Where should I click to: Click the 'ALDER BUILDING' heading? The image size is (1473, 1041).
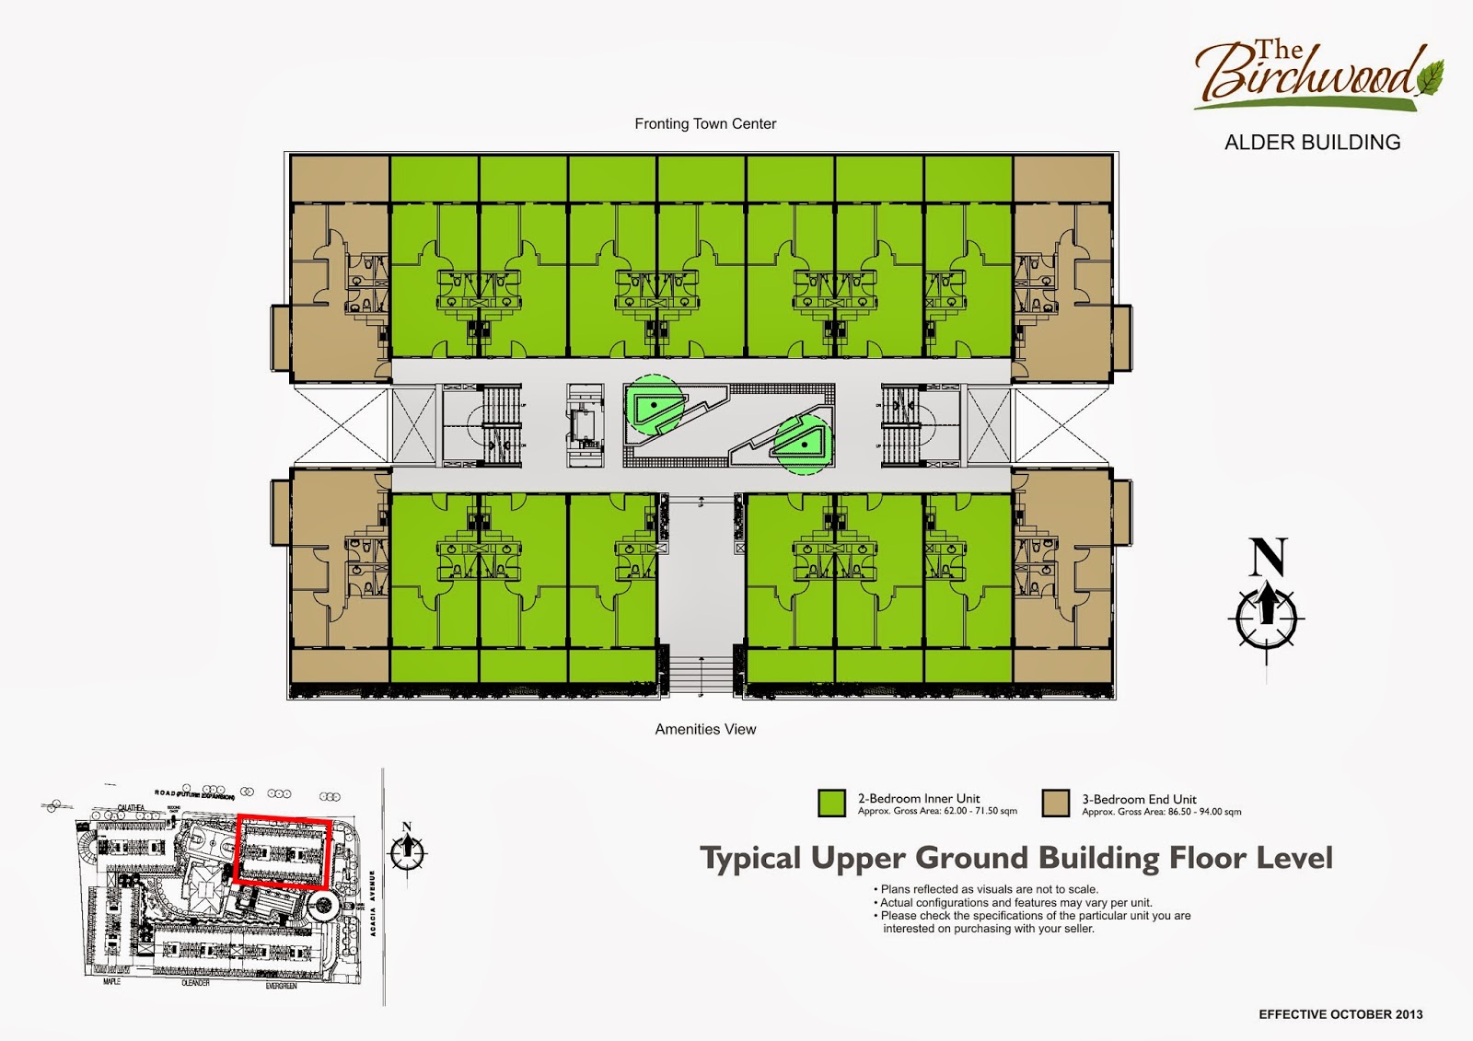[1312, 143]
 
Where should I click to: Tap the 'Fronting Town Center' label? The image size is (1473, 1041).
[705, 123]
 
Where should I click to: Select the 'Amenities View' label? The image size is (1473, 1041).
[705, 729]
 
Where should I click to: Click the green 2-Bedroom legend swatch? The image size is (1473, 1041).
[831, 803]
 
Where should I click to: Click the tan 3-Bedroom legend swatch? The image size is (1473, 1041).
[1056, 803]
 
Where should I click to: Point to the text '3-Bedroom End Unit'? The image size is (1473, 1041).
[1139, 799]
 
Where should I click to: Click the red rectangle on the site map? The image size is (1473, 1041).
[283, 850]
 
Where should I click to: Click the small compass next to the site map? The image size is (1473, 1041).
[407, 851]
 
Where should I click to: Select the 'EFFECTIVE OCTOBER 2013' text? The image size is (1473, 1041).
[1340, 1014]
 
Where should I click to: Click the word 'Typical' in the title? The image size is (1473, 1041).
[751, 859]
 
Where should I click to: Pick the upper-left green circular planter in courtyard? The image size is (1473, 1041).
[655, 404]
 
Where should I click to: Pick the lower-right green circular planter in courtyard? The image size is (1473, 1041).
[804, 445]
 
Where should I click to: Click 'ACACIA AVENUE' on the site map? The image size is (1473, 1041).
[373, 903]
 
